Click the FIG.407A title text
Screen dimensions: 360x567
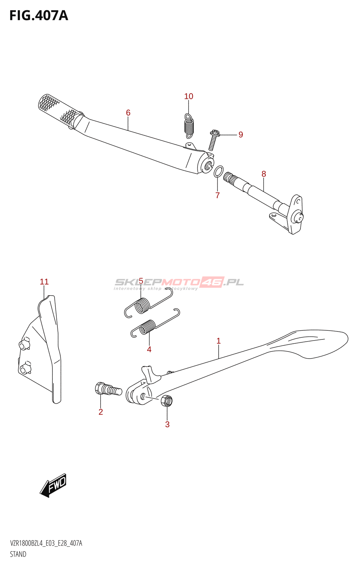[39, 16]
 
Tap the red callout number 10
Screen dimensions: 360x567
[189, 96]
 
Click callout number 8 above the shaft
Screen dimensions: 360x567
[264, 174]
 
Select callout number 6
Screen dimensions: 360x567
[128, 113]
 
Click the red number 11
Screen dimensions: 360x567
[44, 282]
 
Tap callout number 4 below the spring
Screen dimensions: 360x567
[149, 349]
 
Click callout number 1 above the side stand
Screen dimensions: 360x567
[219, 341]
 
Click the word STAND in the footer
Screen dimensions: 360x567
[18, 554]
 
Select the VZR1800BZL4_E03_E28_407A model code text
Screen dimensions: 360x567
[46, 543]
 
